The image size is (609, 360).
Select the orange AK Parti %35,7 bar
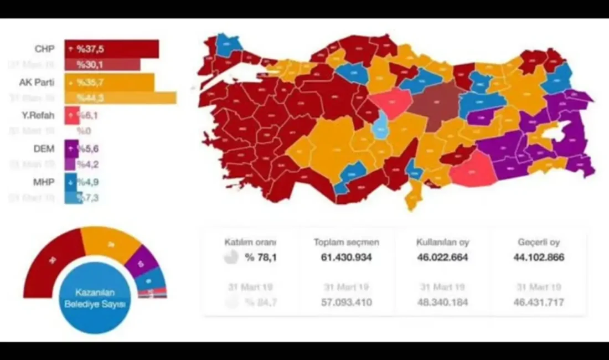click(x=109, y=82)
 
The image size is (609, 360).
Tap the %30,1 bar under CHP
click(x=102, y=65)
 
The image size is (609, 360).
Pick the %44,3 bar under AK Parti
click(x=120, y=98)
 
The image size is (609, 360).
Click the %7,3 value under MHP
click(x=88, y=198)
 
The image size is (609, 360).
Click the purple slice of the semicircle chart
click(x=141, y=261)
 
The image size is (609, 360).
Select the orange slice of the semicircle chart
click(x=111, y=242)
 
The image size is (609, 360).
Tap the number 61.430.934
click(x=347, y=258)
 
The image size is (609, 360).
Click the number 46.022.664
click(x=442, y=258)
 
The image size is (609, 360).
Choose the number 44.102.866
click(x=539, y=258)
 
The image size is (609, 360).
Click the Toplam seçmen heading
click(x=347, y=242)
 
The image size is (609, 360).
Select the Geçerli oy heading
click(x=539, y=242)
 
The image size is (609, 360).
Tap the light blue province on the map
click(x=380, y=125)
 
